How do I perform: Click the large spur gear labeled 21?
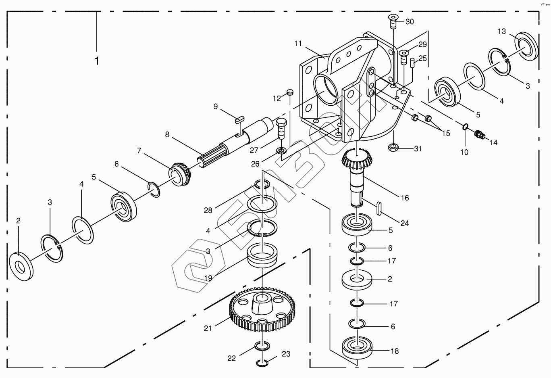[x=262, y=309]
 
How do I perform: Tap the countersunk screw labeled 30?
[x=393, y=21]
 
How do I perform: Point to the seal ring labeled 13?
[x=527, y=46]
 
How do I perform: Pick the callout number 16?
[x=405, y=198]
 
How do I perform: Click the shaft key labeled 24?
[x=379, y=209]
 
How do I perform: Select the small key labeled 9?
[x=239, y=120]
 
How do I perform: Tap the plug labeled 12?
[x=290, y=93]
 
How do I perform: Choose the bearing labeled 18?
[x=357, y=349]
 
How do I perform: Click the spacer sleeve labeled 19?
[x=262, y=255]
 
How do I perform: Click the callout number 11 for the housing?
[x=298, y=44]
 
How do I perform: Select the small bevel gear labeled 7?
[x=180, y=173]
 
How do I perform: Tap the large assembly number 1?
[x=97, y=61]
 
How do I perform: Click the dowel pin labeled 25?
[x=412, y=62]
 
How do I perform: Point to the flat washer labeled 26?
[x=281, y=150]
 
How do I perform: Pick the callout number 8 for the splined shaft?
[x=167, y=135]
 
